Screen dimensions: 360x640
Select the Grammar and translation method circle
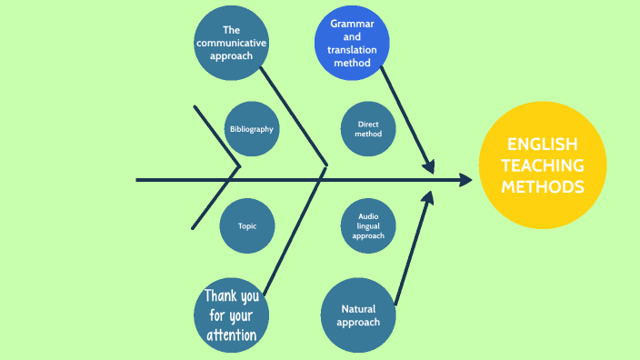pos(352,45)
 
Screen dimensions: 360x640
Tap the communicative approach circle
pos(231,43)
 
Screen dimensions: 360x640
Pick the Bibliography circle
pos(251,129)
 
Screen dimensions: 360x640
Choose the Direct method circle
pos(368,129)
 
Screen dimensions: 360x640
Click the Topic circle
pos(247,225)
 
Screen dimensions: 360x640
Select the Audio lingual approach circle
pos(368,225)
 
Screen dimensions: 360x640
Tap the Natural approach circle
pos(359,315)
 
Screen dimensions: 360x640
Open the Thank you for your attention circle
pos(231,315)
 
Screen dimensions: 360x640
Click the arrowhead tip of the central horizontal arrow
pos(472,180)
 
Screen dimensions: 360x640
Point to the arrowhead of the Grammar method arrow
pos(430,167)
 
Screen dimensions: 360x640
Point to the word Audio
pos(368,215)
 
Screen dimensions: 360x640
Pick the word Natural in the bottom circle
pos(359,309)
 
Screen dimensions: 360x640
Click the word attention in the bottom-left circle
pos(231,335)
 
